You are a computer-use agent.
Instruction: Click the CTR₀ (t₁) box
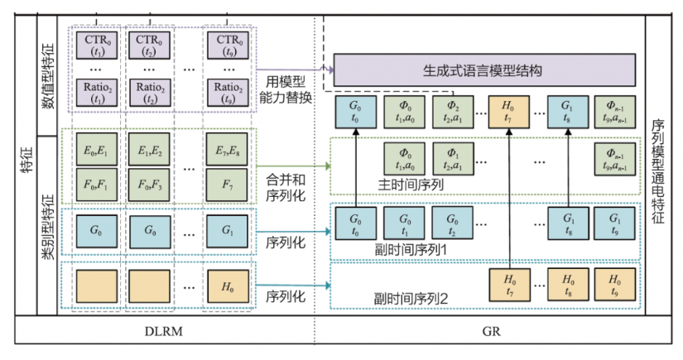(x=97, y=46)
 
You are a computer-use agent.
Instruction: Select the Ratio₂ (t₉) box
(x=228, y=93)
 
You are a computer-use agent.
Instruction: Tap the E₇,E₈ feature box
(x=227, y=150)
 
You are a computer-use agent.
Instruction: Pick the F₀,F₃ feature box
(x=149, y=185)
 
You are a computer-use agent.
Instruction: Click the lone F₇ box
(x=227, y=185)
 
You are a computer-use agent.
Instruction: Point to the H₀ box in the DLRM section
(x=228, y=286)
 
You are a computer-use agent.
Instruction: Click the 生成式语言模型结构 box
(x=484, y=70)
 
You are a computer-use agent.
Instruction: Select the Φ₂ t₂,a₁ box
(x=453, y=113)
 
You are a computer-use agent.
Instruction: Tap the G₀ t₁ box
(x=404, y=223)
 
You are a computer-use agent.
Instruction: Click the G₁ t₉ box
(x=614, y=223)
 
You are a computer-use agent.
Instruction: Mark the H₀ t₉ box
(x=614, y=285)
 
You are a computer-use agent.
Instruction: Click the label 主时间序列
(x=411, y=185)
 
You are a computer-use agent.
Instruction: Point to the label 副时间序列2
(x=411, y=299)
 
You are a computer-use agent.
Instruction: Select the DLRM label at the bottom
(x=163, y=332)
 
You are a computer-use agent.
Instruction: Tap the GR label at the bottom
(x=491, y=332)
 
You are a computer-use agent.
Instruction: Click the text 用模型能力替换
(x=286, y=89)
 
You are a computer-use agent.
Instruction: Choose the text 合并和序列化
(x=286, y=188)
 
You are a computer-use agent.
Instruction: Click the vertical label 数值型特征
(x=47, y=76)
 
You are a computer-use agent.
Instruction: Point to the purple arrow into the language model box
(x=295, y=70)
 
